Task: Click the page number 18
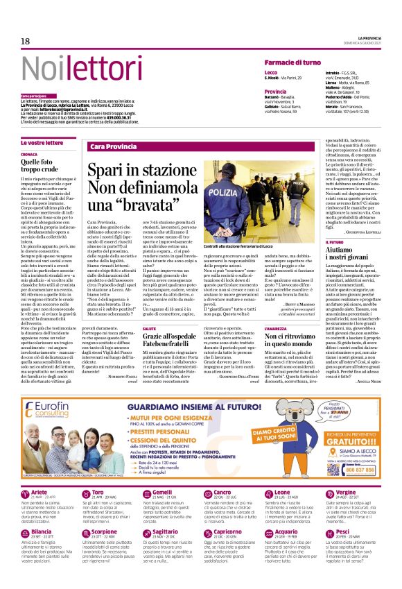(26, 41)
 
